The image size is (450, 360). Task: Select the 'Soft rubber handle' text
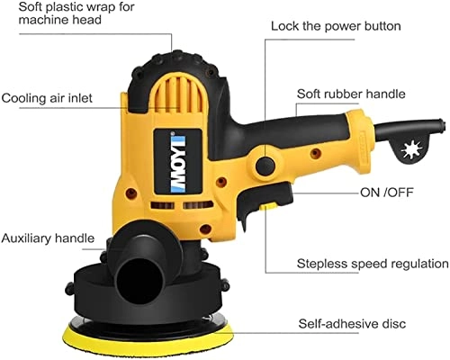pyautogui.click(x=351, y=93)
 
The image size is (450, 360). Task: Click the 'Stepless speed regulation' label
pyautogui.click(x=373, y=264)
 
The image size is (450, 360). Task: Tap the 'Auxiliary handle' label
pyautogui.click(x=48, y=238)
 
